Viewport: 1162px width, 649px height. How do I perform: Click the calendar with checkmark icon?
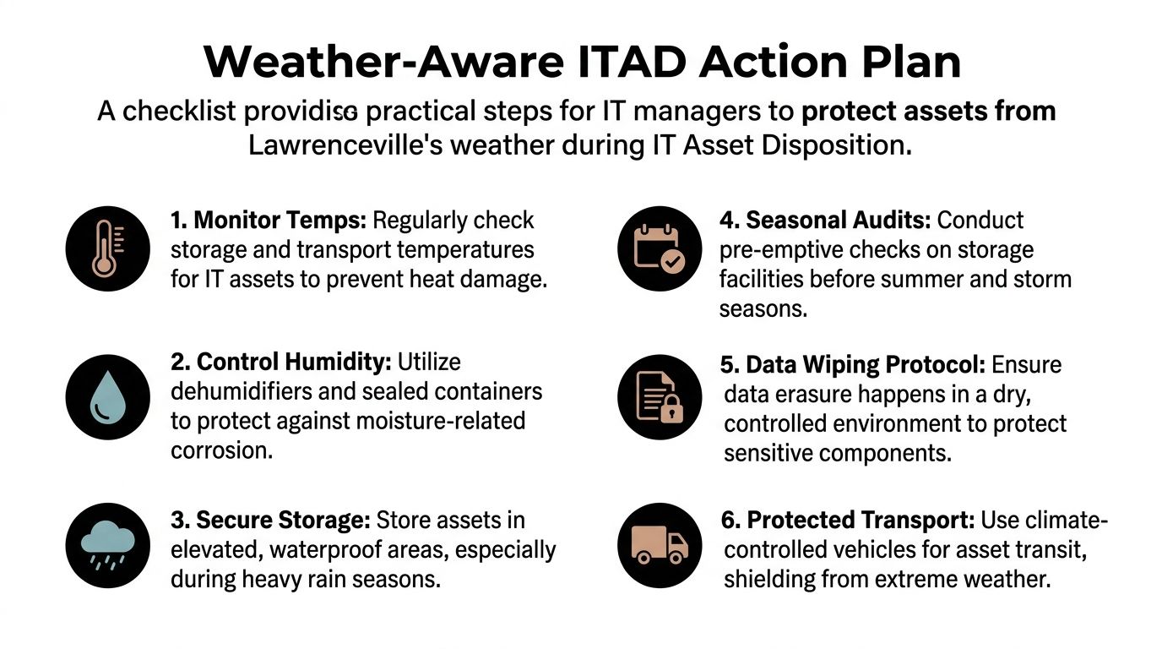(660, 248)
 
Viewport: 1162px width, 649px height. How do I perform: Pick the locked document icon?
(660, 397)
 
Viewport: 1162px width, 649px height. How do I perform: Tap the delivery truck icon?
(660, 545)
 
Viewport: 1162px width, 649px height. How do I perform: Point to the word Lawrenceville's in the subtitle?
(345, 145)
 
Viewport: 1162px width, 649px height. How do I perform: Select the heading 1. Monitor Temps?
(268, 221)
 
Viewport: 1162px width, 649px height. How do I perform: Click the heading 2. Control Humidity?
(280, 363)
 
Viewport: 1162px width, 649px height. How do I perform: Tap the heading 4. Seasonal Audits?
(825, 221)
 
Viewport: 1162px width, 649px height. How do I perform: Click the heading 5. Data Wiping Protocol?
(852, 365)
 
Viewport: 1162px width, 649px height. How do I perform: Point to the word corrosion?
(221, 450)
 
